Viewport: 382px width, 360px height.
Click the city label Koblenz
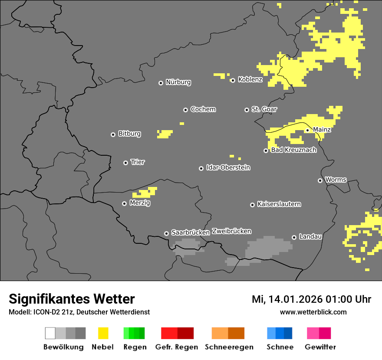point(250,79)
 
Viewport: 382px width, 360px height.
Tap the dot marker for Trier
point(126,163)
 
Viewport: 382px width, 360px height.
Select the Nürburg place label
point(178,82)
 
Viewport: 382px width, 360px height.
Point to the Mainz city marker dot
point(307,130)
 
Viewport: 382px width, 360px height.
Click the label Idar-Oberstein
point(228,167)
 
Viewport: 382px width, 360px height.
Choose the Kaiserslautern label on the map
point(279,204)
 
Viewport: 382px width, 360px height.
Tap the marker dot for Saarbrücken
point(166,233)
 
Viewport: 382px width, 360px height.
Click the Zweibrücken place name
point(231,231)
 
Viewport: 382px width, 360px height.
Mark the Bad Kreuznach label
point(293,150)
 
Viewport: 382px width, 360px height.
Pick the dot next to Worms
point(320,180)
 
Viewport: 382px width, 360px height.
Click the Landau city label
point(310,236)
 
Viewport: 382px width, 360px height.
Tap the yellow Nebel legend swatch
point(103,333)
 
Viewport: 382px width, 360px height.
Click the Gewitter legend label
point(320,347)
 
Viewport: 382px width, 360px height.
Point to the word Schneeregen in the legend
point(229,347)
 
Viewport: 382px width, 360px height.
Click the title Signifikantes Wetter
point(72,299)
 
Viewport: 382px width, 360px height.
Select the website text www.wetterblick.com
point(313,312)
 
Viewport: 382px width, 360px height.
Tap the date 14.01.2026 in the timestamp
point(296,299)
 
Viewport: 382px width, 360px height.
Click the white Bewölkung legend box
point(50,333)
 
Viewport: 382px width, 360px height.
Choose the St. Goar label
point(264,109)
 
